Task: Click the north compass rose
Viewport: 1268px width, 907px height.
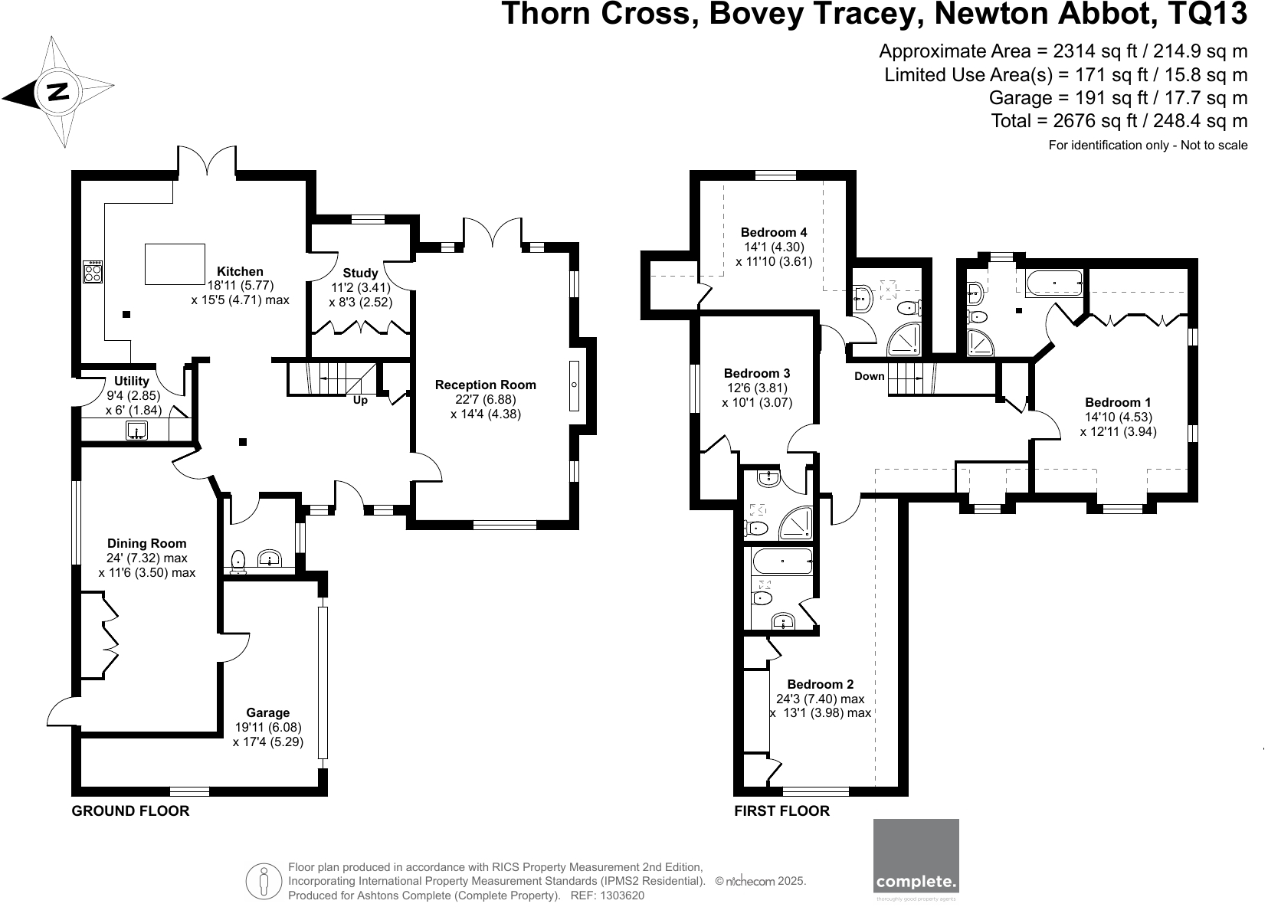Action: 58,92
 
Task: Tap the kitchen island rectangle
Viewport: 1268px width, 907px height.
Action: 175,264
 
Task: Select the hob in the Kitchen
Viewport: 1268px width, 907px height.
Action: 93,272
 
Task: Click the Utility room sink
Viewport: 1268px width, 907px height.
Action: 137,431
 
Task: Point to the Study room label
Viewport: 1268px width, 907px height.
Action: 360,273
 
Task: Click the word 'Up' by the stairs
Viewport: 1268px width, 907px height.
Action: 360,400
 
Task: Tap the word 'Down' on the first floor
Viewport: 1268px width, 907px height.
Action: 869,376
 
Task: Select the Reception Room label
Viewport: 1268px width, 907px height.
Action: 486,385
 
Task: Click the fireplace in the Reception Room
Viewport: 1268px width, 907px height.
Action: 574,385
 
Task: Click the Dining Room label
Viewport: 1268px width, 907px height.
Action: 147,544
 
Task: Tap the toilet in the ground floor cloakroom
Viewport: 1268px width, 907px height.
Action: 238,561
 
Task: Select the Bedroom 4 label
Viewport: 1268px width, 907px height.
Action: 774,232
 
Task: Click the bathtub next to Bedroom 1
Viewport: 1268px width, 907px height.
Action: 1054,283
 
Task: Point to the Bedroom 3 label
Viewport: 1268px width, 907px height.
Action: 757,374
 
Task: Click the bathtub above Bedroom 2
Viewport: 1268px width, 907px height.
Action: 782,562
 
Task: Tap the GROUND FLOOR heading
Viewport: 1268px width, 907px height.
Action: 130,810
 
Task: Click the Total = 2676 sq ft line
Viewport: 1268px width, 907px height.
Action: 1119,121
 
